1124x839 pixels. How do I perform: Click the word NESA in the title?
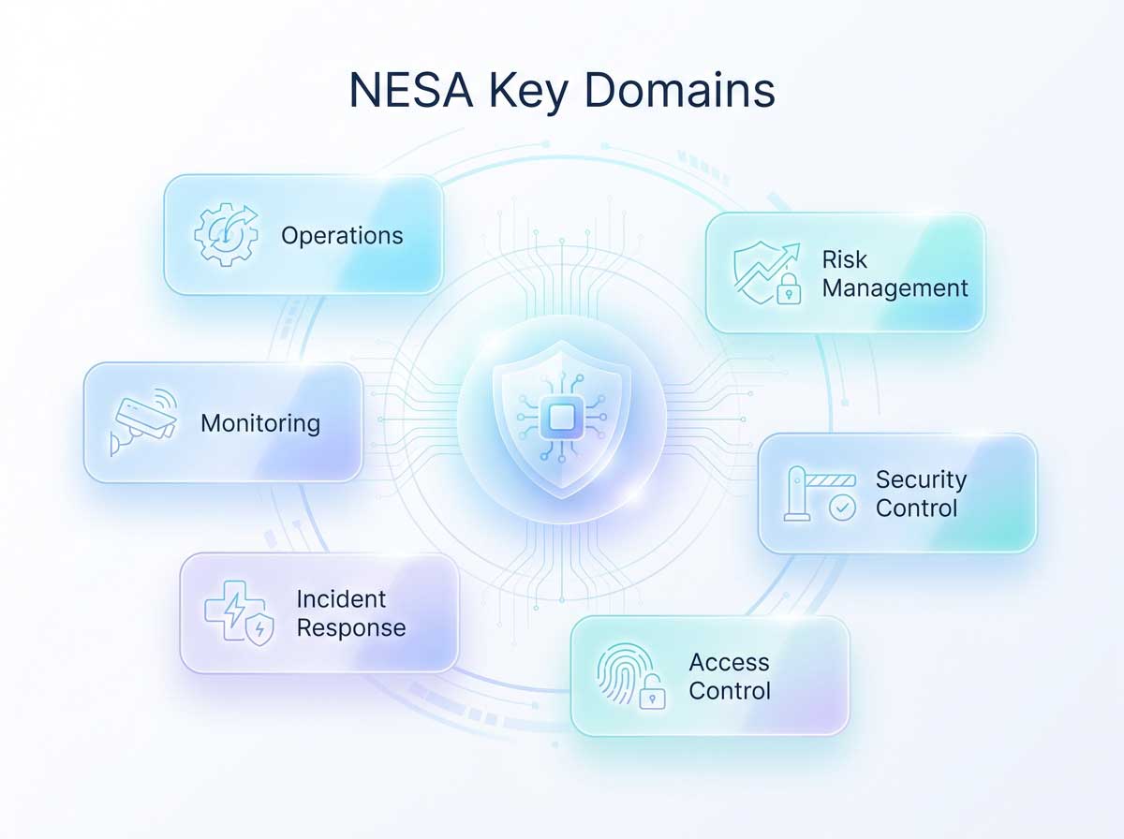tap(410, 90)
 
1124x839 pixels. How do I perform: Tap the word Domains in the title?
tap(679, 90)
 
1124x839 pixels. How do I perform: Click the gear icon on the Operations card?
tap(226, 234)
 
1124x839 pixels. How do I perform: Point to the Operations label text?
tap(342, 236)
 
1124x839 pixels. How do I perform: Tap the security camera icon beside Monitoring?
tap(144, 421)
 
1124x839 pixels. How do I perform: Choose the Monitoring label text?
tap(260, 424)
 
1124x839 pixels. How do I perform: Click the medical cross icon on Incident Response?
tap(235, 611)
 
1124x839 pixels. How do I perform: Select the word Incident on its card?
tap(341, 599)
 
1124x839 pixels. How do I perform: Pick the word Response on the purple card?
tap(351, 628)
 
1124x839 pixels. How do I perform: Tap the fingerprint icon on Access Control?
tap(625, 672)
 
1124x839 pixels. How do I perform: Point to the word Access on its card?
tap(729, 662)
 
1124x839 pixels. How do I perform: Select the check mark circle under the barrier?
tap(842, 508)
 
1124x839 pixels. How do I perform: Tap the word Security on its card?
tap(922, 480)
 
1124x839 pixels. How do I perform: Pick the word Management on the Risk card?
tap(895, 288)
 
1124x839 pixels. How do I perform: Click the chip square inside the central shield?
tap(562, 418)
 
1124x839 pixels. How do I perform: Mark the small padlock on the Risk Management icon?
tap(789, 289)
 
